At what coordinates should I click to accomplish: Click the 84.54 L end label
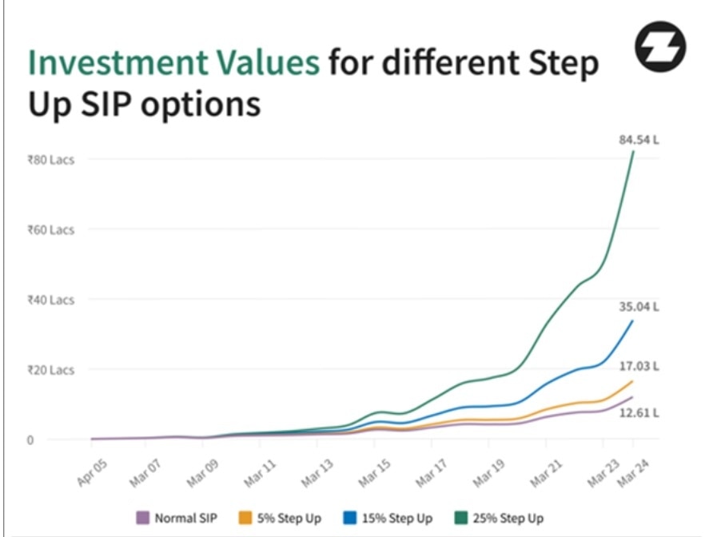click(x=639, y=140)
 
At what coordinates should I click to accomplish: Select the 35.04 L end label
click(x=639, y=307)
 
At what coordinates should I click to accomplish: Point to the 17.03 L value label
click(x=639, y=366)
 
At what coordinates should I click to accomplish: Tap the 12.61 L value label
click(x=639, y=412)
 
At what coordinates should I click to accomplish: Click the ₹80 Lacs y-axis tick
click(x=51, y=160)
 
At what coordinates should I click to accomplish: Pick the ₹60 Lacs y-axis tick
click(x=51, y=230)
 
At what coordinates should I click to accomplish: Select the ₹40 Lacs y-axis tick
click(x=51, y=300)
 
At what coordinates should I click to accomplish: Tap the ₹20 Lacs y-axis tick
click(x=51, y=370)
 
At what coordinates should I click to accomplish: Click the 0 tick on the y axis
click(x=30, y=440)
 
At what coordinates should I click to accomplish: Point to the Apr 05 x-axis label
click(x=93, y=473)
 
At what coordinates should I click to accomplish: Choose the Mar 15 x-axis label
click(x=375, y=473)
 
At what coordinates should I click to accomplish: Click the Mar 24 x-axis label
click(x=634, y=473)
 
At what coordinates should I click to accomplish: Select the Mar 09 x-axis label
click(x=203, y=473)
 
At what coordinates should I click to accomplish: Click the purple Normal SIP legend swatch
click(x=142, y=518)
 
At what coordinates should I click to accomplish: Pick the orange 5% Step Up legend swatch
click(x=245, y=518)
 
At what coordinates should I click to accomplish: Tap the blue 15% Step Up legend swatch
click(x=350, y=518)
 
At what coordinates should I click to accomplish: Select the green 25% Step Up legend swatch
click(x=461, y=518)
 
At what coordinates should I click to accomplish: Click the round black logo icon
click(x=660, y=46)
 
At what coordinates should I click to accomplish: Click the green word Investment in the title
click(x=118, y=62)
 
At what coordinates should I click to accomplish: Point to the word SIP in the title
click(x=106, y=104)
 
